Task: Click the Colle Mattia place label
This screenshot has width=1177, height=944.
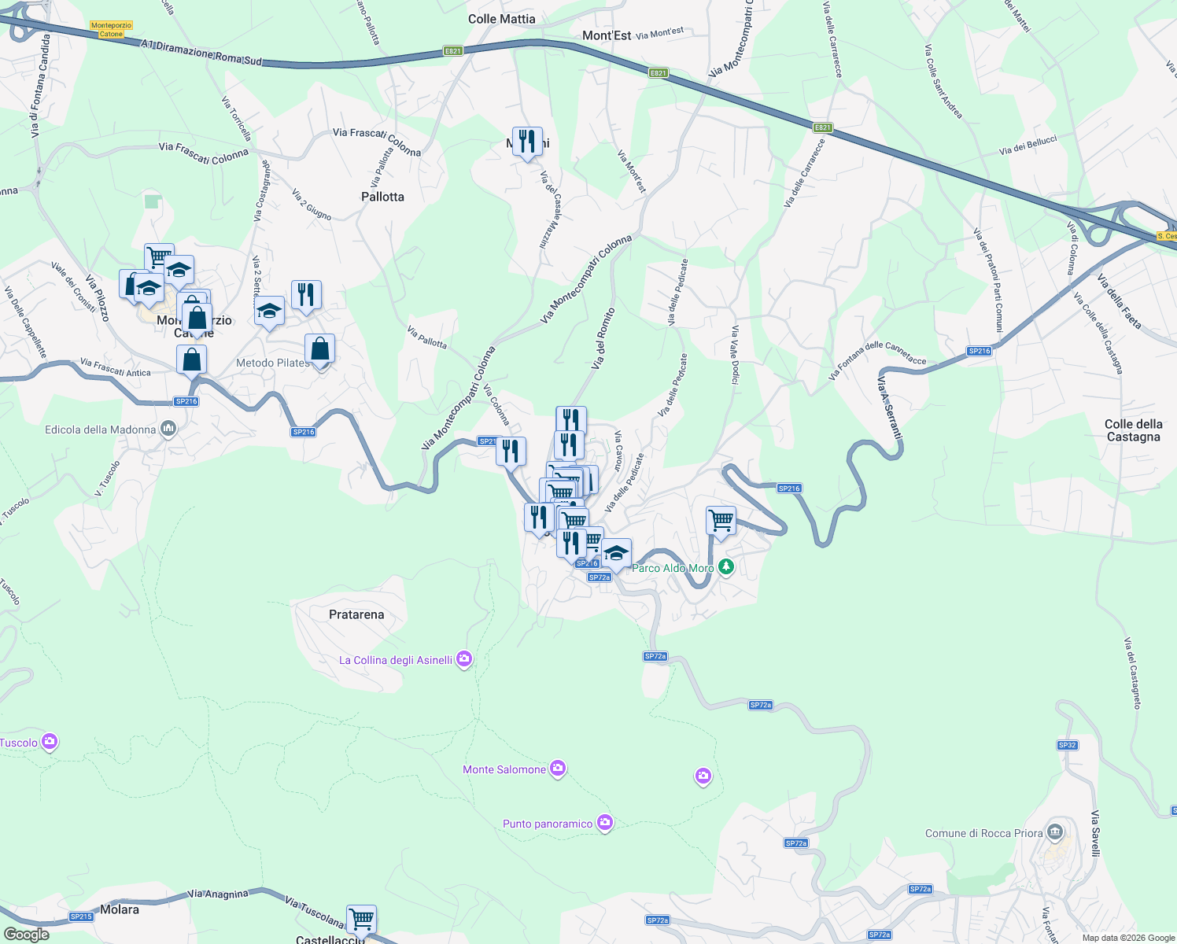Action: coord(501,19)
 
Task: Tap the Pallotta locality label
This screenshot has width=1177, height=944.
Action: coord(382,197)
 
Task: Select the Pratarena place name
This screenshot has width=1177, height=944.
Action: coord(356,614)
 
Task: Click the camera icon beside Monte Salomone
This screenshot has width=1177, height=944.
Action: coord(558,769)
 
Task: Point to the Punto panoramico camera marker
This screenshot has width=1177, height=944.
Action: coord(604,823)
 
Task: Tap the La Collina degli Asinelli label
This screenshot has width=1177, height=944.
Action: coord(396,660)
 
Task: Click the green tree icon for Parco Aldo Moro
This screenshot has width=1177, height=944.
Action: coord(726,566)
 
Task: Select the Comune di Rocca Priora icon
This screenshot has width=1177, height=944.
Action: coord(1056,832)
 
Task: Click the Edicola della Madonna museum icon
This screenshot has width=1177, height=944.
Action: coord(168,429)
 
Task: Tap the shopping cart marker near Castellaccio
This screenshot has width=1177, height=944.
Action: coord(361,918)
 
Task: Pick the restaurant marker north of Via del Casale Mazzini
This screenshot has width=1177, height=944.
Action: coord(527,142)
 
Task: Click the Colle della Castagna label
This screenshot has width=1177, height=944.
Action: coord(1133,430)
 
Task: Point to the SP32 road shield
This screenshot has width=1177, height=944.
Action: coord(1067,745)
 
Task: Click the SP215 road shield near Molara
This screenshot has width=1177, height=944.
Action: coord(81,916)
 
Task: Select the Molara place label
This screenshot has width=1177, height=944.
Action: coord(120,909)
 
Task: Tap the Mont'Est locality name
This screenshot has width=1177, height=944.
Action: coord(607,35)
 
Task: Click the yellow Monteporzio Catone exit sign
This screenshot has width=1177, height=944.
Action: coord(111,30)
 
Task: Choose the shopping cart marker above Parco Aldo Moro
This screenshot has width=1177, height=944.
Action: coord(721,520)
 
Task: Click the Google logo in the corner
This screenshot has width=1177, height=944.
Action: coord(26,935)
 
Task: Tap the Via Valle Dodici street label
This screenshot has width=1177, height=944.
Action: coord(735,355)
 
